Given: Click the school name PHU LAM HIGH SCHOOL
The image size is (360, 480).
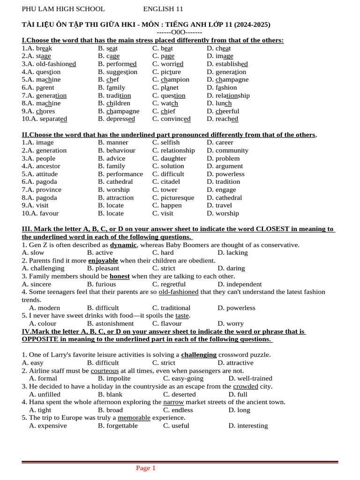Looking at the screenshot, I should click(63, 9).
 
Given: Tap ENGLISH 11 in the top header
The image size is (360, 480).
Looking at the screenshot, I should click(163, 9).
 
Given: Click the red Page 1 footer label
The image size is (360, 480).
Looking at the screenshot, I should click(146, 468).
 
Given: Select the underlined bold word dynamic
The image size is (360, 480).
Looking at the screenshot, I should click(123, 245).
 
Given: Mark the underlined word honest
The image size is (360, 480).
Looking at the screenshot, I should click(120, 276).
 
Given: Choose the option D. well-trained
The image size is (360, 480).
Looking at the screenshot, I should click(250, 378).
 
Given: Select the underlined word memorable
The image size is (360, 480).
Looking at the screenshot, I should click(134, 418).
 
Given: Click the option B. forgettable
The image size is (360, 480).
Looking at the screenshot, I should click(118, 426).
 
